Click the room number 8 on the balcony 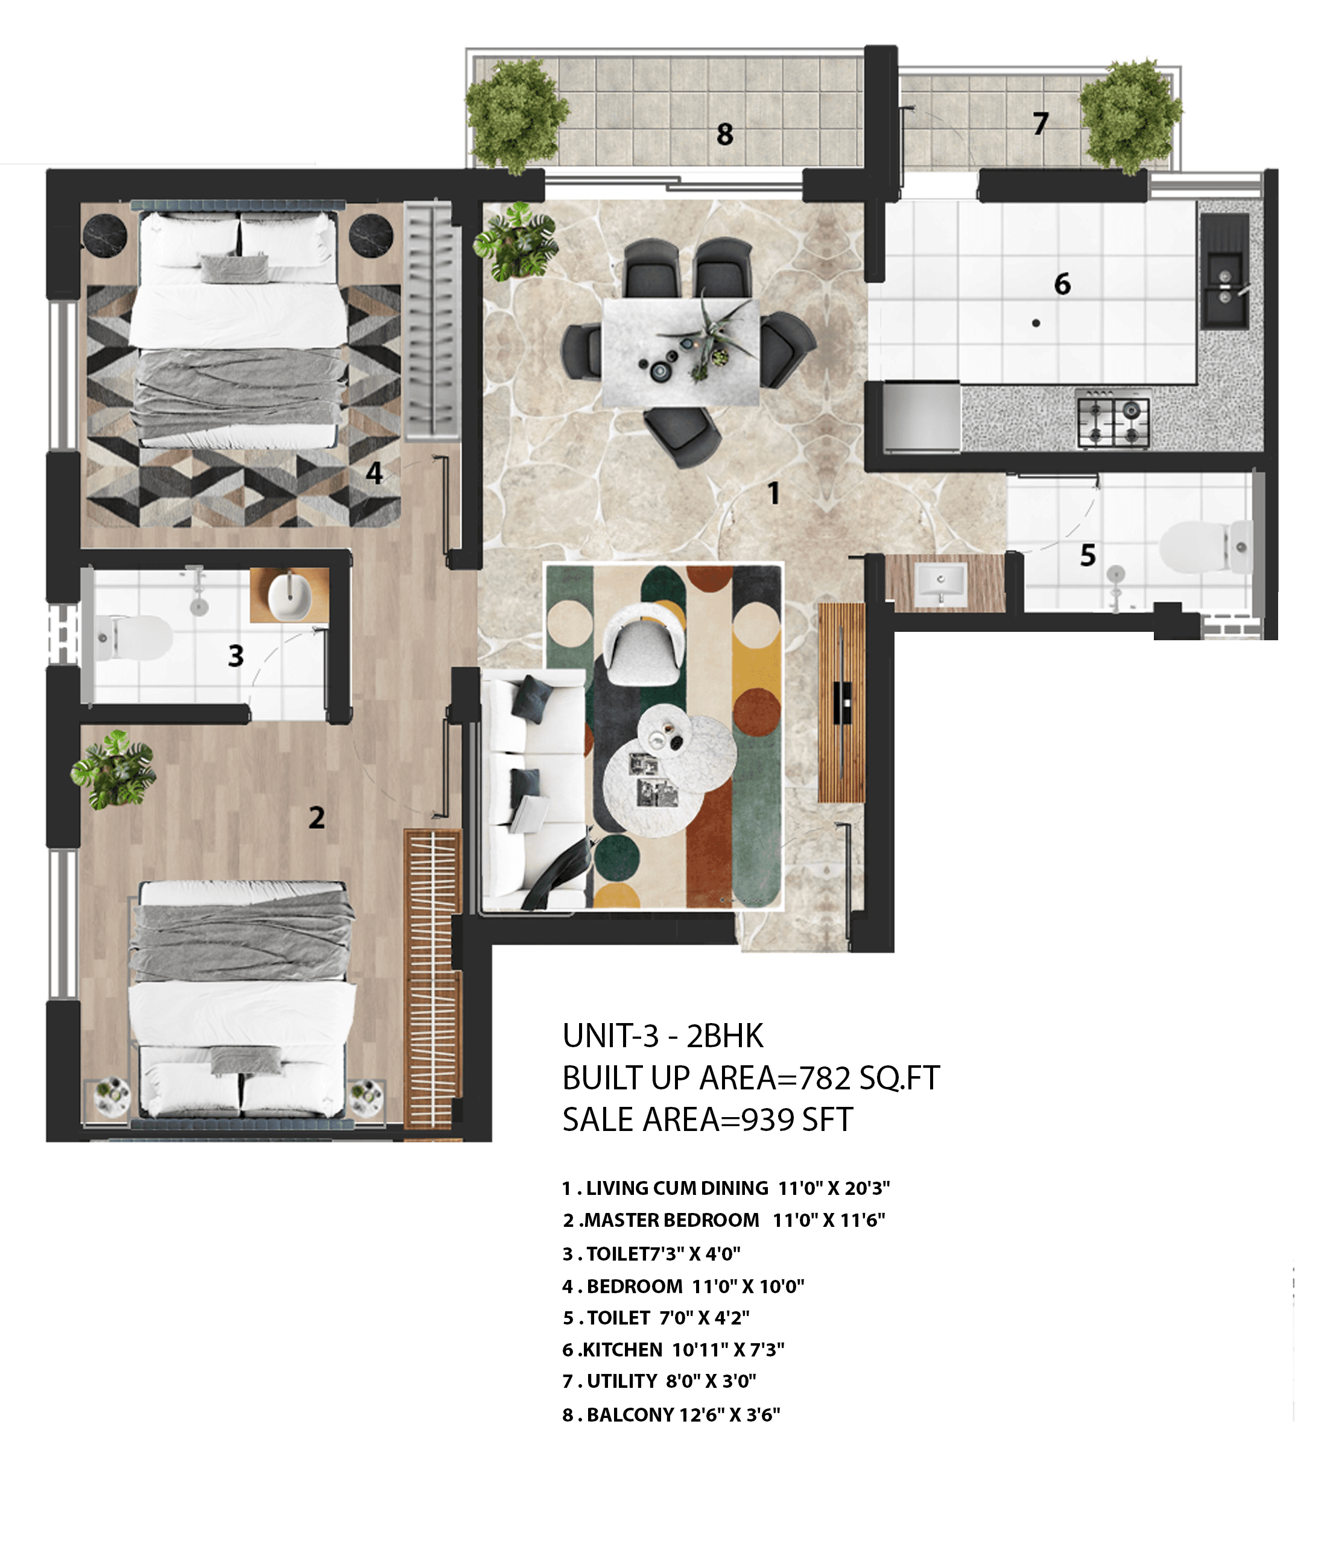pos(724,134)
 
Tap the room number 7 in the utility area pos(1040,124)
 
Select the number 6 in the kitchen pos(1062,284)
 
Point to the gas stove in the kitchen pos(1113,418)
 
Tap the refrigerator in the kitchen pos(922,417)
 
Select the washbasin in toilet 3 pos(290,596)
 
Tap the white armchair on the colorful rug pos(643,643)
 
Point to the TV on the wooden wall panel pos(842,702)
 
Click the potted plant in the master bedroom pos(113,770)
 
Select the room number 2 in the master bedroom pos(317,817)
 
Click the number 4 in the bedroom pos(373,473)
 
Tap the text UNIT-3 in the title pos(610,1036)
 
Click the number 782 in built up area pos(825,1079)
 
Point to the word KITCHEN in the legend pos(622,1350)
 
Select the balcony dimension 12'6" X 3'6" pos(729,1415)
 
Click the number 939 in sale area pos(768,1120)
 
